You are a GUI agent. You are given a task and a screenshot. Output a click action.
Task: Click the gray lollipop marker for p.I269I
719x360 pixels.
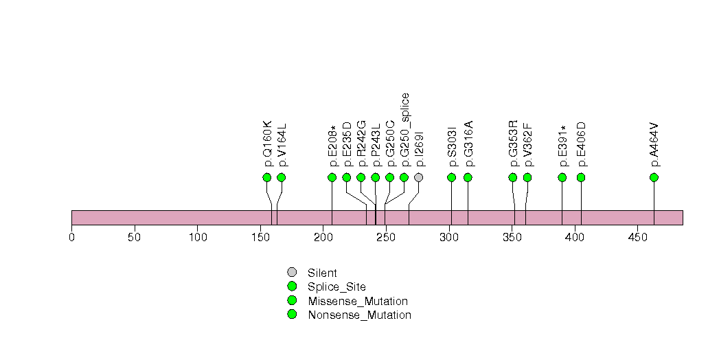418,177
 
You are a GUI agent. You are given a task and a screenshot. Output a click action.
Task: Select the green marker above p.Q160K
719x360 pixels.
267,177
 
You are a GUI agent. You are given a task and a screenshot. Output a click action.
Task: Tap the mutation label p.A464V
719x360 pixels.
654,145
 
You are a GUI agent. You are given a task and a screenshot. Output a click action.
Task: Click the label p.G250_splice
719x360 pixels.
404,130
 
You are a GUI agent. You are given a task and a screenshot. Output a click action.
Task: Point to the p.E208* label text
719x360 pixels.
332,146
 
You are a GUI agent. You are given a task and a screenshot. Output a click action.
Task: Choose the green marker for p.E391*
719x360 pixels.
562,177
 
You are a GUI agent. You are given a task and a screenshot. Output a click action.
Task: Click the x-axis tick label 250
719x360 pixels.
385,238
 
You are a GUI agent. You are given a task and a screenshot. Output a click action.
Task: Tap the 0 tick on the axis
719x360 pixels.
71,238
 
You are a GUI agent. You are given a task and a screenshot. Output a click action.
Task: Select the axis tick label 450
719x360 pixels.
637,238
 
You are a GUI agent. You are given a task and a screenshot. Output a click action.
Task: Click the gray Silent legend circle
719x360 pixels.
292,273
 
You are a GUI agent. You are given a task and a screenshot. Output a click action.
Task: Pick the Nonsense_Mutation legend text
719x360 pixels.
359,315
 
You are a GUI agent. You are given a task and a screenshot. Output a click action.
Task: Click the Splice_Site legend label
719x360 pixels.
336,287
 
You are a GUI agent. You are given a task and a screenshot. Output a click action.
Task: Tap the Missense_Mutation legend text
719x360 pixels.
358,301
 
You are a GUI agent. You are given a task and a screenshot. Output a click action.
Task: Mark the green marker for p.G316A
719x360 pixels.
468,177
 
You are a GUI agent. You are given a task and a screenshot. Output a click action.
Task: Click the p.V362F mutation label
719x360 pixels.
527,145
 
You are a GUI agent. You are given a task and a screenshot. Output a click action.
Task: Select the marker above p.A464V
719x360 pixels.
654,177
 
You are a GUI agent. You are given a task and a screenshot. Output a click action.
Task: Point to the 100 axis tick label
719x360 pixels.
197,238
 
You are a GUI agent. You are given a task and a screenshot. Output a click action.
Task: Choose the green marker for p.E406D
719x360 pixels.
581,177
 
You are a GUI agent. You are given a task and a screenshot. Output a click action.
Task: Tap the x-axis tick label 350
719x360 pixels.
511,238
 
